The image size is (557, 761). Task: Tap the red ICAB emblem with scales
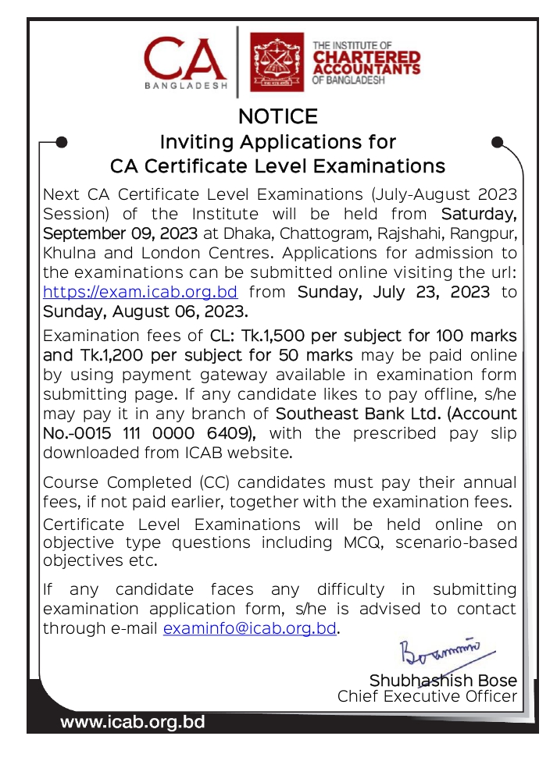(277, 62)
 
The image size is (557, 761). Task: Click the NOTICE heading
(278, 117)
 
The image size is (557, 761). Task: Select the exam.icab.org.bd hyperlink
(141, 292)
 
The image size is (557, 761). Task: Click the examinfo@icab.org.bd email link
(250, 628)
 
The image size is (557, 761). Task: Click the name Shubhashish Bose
(443, 680)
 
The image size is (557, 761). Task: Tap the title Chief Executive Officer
(427, 696)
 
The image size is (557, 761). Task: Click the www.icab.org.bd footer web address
(133, 723)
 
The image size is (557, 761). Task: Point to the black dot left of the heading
(62, 142)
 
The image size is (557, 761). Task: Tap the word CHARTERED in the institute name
(366, 58)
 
